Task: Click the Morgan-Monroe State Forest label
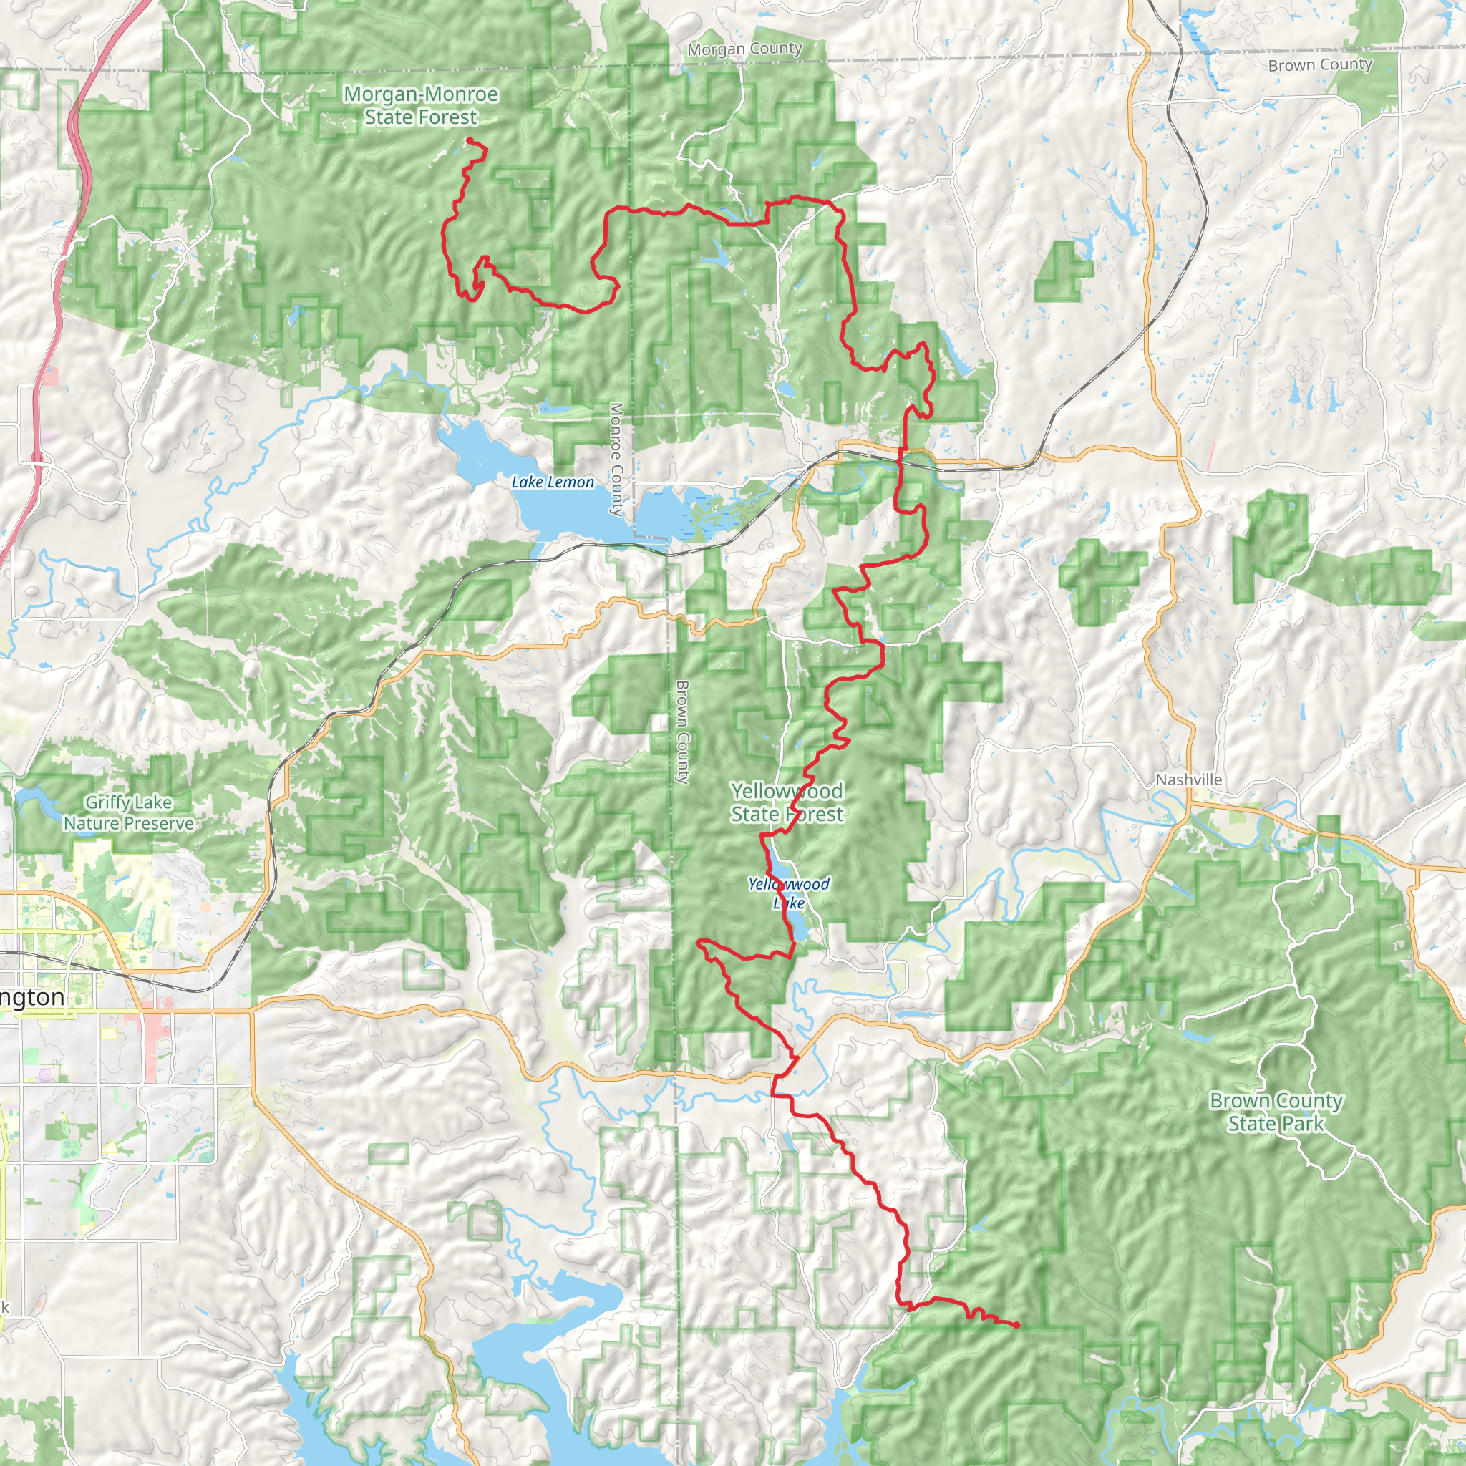[x=420, y=105]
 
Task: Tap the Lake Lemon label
[x=553, y=482]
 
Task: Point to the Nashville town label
[x=1188, y=780]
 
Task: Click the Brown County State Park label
[x=1276, y=1112]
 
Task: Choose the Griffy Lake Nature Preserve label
[x=128, y=812]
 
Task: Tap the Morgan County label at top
[x=744, y=49]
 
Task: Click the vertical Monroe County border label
[x=616, y=459]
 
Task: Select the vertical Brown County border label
[x=682, y=732]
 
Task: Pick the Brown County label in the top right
[x=1320, y=64]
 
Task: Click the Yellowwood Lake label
[x=788, y=893]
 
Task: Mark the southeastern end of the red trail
[x=1016, y=1326]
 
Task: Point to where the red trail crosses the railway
[x=901, y=457]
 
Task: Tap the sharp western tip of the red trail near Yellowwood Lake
[x=699, y=943]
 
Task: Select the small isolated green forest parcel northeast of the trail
[x=1064, y=271]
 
